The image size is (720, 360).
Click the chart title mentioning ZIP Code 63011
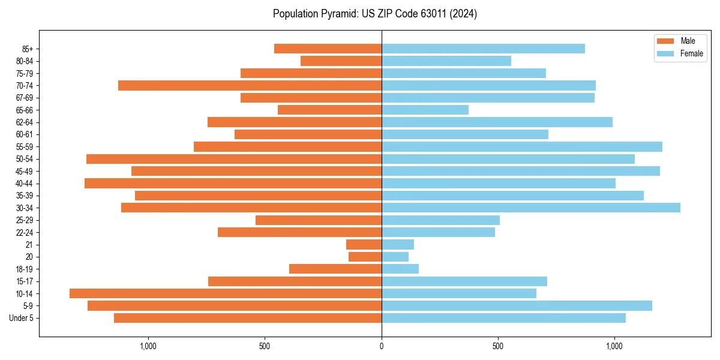click(374, 14)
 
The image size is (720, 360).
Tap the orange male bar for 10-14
click(226, 293)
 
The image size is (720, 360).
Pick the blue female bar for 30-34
click(531, 208)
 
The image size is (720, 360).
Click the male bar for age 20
click(365, 257)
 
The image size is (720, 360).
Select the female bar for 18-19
click(400, 269)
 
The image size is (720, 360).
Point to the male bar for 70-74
click(250, 85)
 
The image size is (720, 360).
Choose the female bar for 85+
click(483, 49)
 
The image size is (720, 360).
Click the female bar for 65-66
click(425, 110)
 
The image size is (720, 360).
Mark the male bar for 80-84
click(341, 61)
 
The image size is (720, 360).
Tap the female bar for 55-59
click(522, 146)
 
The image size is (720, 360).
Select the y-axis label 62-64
click(25, 122)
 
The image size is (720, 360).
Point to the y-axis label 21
click(29, 245)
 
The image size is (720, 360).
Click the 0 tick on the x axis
click(382, 346)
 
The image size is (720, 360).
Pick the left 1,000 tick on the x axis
click(148, 346)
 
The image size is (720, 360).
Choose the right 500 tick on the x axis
click(498, 346)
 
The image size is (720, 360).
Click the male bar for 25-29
click(319, 220)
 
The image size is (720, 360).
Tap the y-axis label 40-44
click(25, 184)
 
